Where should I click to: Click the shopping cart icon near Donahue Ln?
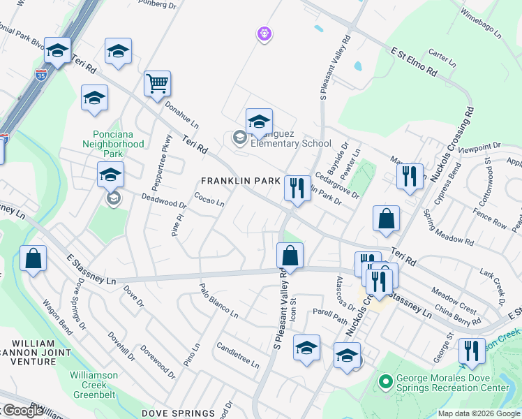[x=158, y=84]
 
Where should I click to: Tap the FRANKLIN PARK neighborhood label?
[x=240, y=181]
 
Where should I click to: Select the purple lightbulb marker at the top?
[x=264, y=33]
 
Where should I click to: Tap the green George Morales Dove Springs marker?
[x=383, y=382]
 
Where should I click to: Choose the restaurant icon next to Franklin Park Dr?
[x=297, y=188]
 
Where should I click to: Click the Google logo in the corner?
[x=22, y=411]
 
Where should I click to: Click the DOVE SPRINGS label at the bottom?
[x=179, y=413]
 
